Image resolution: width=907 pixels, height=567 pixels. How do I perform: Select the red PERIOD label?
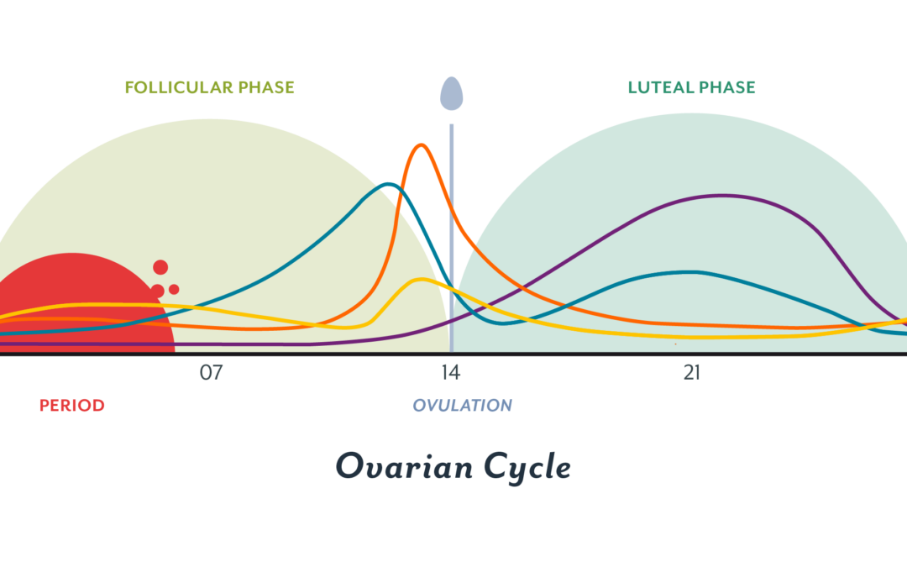(71, 406)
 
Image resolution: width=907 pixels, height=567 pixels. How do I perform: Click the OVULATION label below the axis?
(462, 405)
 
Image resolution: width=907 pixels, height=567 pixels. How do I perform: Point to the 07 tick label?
(211, 373)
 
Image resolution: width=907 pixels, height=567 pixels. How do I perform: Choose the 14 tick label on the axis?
(451, 373)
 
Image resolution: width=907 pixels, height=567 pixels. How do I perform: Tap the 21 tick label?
(692, 373)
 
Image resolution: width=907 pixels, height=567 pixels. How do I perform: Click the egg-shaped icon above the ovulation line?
(451, 94)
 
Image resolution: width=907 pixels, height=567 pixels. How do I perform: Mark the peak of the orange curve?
(421, 145)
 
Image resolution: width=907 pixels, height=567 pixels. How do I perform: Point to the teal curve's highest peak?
(388, 185)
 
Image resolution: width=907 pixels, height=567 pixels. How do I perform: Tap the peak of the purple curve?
(722, 196)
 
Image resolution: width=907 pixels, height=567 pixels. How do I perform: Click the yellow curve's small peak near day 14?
(421, 280)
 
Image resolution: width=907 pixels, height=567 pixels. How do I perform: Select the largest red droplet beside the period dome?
(160, 267)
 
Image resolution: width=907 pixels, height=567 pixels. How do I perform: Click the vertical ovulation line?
(451, 238)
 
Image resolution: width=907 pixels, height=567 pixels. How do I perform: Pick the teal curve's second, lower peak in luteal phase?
(691, 272)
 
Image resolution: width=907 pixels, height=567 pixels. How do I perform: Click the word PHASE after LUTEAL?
(727, 87)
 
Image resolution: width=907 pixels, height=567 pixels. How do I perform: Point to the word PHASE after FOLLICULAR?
(267, 87)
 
